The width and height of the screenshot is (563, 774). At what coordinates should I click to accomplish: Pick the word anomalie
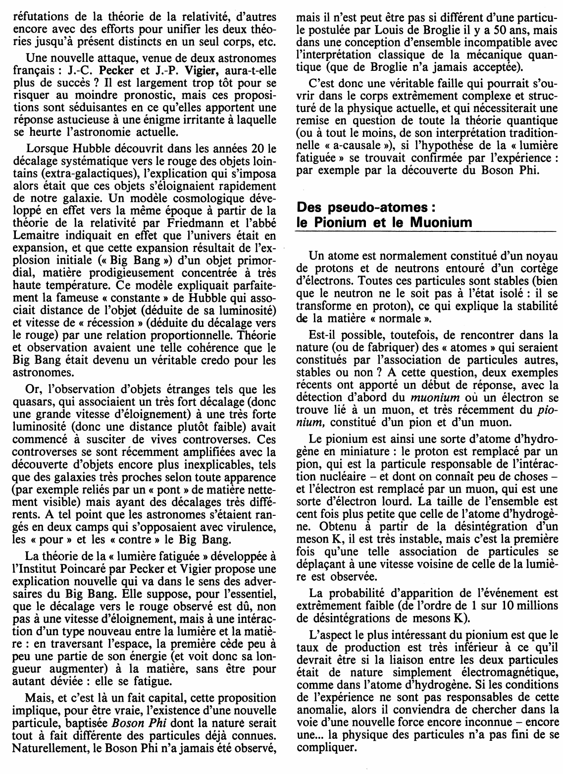pos(320,706)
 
